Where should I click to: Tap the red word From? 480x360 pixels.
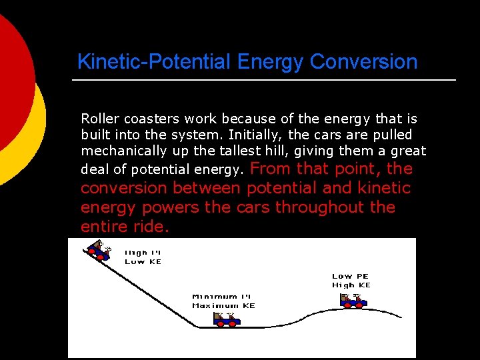click(271, 169)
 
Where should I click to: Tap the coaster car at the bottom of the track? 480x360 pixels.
click(227, 319)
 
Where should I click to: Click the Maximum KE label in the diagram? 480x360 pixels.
click(223, 305)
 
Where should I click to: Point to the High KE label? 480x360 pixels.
click(351, 285)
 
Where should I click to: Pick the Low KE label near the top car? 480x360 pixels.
click(143, 261)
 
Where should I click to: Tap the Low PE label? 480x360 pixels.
click(350, 276)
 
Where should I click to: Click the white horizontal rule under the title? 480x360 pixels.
click(264, 80)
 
